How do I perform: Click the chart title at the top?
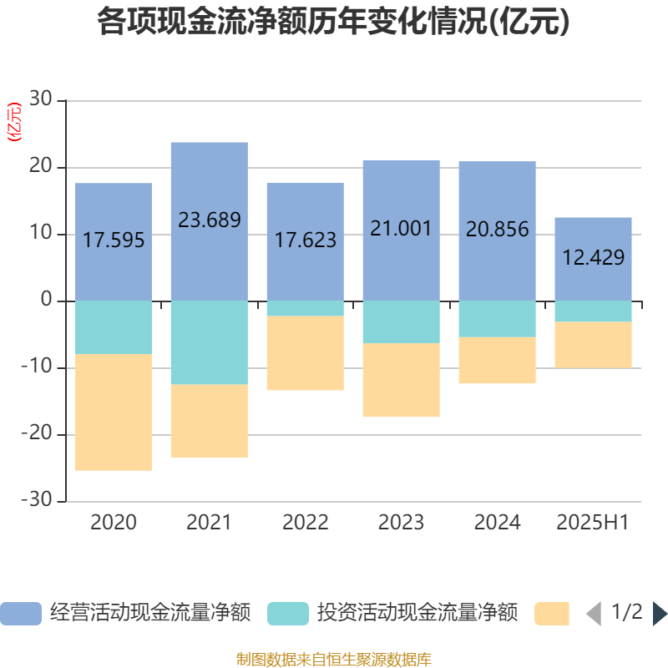(x=333, y=23)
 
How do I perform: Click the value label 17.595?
(x=114, y=240)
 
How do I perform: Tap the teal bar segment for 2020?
(x=114, y=327)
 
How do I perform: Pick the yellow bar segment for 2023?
(x=401, y=380)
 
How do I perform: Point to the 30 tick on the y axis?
(x=42, y=100)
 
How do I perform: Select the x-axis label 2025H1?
(x=592, y=523)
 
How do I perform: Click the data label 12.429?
(x=593, y=258)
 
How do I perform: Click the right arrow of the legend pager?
(x=659, y=614)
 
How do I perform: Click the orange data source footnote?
(x=333, y=660)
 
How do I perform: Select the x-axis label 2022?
(x=305, y=523)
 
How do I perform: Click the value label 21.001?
(x=401, y=228)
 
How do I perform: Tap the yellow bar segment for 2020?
(x=114, y=412)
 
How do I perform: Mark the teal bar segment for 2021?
(x=209, y=342)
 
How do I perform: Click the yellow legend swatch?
(x=552, y=614)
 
